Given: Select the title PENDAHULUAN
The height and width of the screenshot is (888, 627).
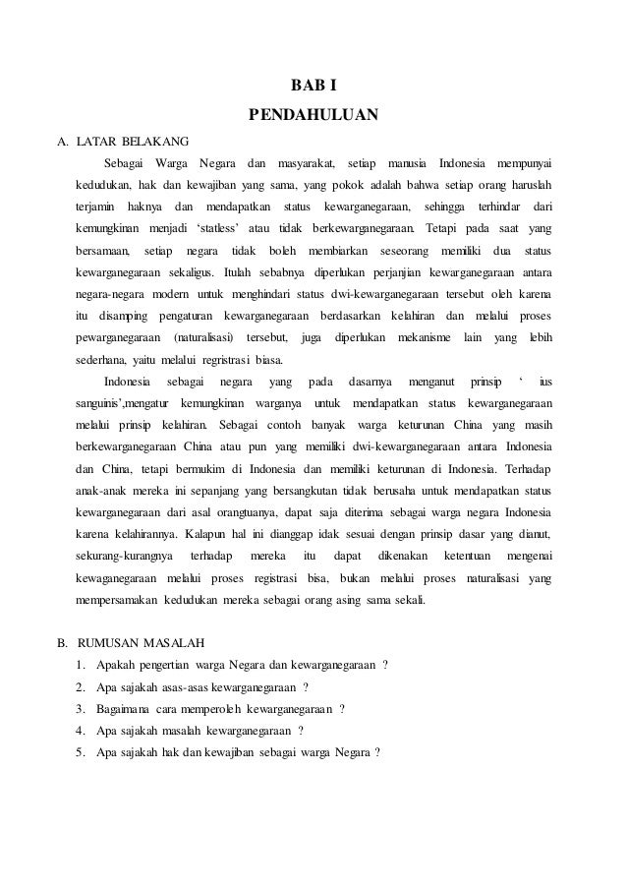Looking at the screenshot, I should pos(313,119).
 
